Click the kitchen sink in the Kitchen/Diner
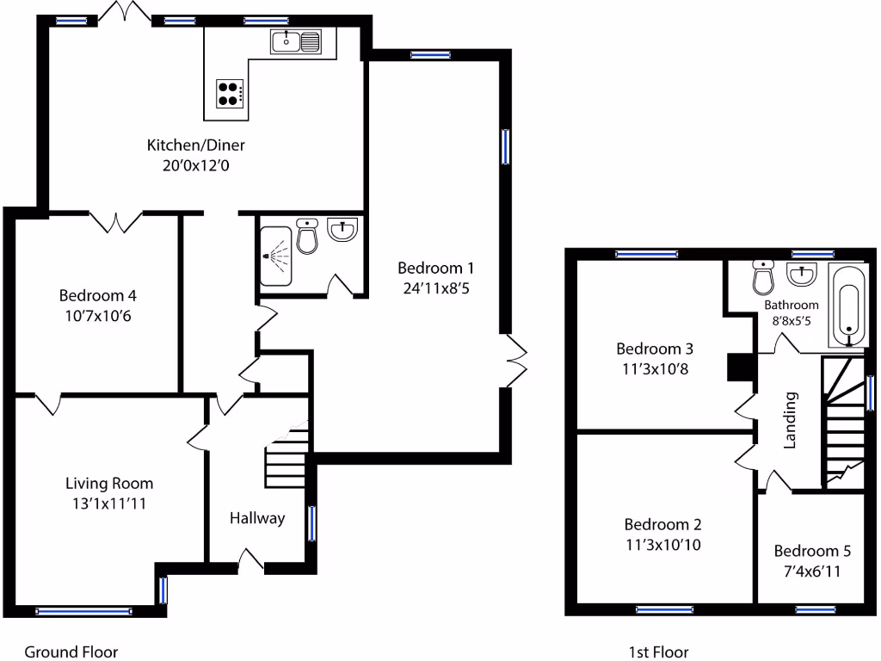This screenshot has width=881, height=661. (295, 40)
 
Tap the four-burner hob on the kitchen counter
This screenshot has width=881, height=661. (230, 92)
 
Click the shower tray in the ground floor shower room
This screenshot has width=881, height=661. (276, 256)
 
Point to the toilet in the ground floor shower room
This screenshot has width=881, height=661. (307, 236)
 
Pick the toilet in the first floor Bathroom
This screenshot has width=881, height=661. (762, 277)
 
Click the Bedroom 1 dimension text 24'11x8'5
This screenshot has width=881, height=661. (435, 288)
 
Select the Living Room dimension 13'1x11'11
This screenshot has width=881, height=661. (109, 503)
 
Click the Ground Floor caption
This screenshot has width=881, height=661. (71, 652)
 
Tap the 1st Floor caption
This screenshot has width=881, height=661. (659, 652)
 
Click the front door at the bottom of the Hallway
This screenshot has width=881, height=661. (250, 562)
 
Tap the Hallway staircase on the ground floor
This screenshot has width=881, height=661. (286, 456)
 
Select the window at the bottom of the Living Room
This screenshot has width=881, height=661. (84, 611)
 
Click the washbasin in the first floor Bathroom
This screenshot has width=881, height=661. (802, 275)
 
